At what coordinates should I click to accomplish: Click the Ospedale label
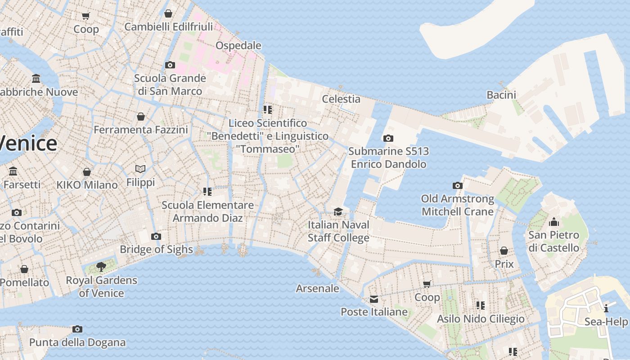click(x=238, y=45)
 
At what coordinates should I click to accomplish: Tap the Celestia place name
click(x=341, y=99)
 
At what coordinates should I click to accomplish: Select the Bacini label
click(x=501, y=94)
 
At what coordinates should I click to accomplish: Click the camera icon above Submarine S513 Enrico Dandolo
click(x=388, y=138)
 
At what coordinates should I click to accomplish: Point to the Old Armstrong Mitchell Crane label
click(x=457, y=205)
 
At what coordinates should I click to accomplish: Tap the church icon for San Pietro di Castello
click(x=553, y=222)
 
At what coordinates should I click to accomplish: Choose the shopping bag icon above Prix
click(x=504, y=251)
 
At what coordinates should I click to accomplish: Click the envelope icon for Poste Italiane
click(x=373, y=299)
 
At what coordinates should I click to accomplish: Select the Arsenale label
click(x=317, y=288)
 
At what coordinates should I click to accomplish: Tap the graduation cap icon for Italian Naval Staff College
click(x=338, y=211)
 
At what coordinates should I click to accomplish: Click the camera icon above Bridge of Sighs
click(x=156, y=236)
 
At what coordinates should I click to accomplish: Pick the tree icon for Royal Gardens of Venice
click(x=101, y=267)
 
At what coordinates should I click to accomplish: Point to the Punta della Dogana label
click(x=77, y=342)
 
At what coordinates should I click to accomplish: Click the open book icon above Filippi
click(x=140, y=169)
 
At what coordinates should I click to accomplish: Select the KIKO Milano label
click(x=87, y=185)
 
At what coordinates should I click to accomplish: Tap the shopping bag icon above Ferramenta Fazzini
click(x=140, y=117)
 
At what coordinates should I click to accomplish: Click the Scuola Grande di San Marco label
click(x=170, y=85)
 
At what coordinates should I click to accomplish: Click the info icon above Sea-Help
click(x=606, y=308)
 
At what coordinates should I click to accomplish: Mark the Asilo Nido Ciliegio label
click(x=481, y=319)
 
